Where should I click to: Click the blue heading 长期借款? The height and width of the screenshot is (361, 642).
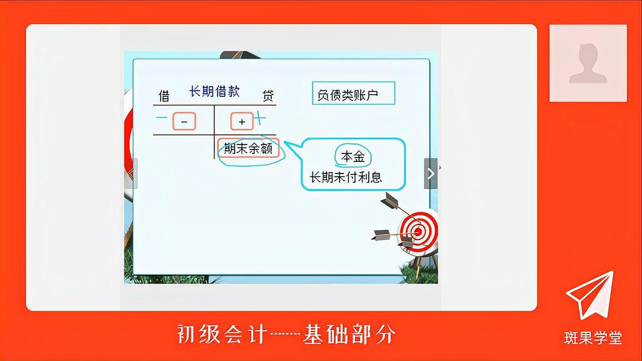[214, 91]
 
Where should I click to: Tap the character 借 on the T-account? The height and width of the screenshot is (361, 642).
[164, 95]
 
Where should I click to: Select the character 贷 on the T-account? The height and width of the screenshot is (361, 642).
[268, 95]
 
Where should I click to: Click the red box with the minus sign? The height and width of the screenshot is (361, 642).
[184, 121]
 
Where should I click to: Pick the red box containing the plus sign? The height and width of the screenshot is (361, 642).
[242, 121]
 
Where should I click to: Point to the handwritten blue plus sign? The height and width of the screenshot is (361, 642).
[259, 118]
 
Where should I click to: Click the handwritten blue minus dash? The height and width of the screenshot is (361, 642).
[162, 118]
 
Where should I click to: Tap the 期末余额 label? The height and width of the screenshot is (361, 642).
[248, 148]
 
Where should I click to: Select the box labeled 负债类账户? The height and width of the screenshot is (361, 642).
[353, 93]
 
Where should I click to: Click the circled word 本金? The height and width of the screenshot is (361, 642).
[353, 157]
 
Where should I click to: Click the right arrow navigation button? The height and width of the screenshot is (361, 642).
[430, 173]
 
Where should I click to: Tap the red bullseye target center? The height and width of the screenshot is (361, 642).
[417, 232]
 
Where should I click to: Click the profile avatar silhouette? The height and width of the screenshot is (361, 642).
[588, 63]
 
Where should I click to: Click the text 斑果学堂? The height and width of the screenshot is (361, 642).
[593, 338]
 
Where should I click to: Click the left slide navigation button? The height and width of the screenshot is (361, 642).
[131, 173]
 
